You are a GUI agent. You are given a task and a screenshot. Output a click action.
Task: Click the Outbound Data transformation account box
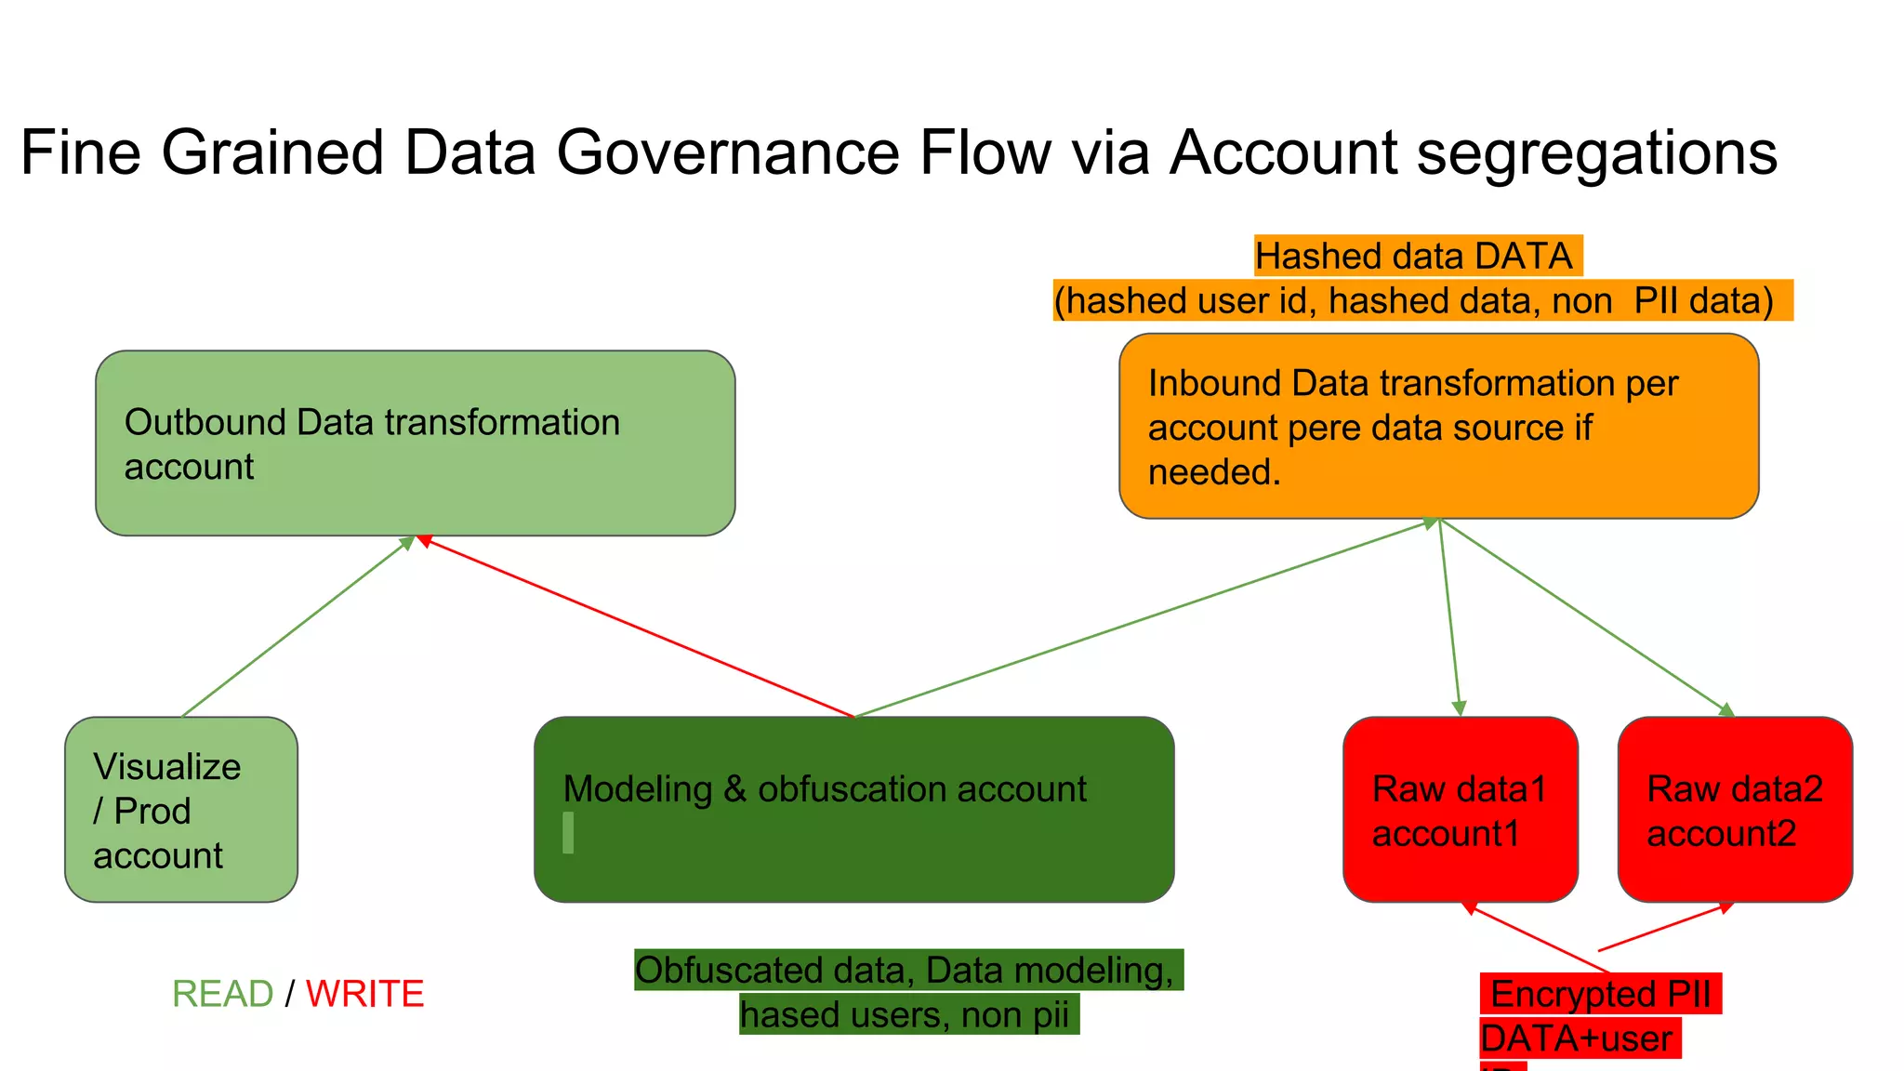point(415,443)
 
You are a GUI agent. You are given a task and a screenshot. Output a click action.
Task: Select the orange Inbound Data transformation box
point(1438,426)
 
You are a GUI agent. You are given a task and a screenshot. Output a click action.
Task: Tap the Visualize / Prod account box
point(181,809)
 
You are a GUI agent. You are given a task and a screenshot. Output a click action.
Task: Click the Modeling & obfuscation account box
point(853,809)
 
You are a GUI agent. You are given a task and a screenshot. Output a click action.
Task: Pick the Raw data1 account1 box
point(1460,809)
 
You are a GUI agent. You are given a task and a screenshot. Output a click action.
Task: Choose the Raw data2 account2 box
point(1735,809)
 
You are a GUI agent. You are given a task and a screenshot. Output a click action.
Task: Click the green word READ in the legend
point(223,994)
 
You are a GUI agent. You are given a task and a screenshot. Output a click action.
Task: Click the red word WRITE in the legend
point(364,994)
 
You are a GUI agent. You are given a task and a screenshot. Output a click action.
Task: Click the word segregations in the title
point(1596,152)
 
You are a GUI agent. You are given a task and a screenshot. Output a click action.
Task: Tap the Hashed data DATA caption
point(1414,256)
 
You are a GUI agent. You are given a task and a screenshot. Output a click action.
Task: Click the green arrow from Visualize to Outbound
point(297,627)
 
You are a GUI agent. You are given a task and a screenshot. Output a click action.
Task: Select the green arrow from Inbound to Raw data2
point(1586,617)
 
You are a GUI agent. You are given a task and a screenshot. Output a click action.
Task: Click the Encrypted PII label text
point(1600,994)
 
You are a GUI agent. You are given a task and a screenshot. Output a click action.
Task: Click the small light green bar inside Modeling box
point(568,832)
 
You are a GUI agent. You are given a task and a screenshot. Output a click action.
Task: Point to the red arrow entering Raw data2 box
point(1666,927)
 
